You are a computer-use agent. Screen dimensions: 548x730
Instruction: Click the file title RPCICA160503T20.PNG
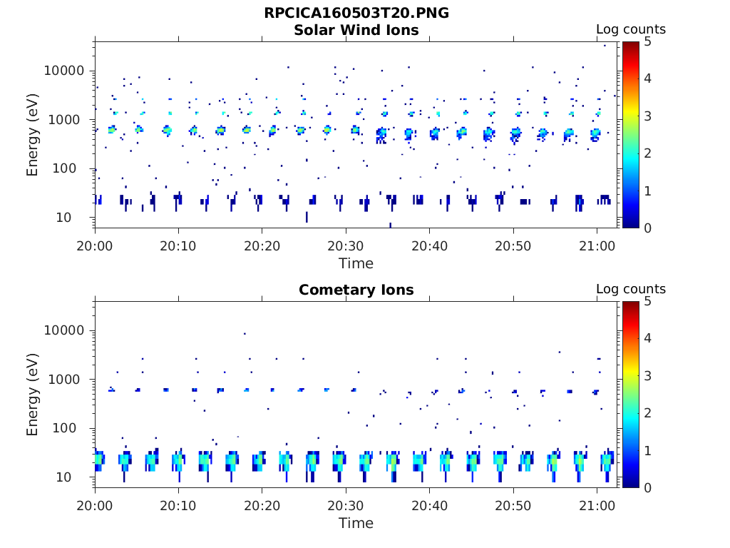356,13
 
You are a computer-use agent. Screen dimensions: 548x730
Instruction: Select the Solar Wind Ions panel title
356,30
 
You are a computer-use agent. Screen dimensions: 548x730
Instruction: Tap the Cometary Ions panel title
356,290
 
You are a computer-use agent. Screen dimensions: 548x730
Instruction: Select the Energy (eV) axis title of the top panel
33,135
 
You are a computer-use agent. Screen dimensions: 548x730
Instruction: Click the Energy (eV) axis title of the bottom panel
33,395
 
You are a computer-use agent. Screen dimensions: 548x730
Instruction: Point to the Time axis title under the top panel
356,263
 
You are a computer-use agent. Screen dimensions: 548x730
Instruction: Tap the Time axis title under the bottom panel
356,523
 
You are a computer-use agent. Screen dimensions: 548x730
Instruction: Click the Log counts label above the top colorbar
631,29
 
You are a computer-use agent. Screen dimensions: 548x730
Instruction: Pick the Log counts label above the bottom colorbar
631,289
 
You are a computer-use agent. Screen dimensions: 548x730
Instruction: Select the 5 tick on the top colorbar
647,41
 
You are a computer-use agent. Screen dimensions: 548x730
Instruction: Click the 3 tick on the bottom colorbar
647,375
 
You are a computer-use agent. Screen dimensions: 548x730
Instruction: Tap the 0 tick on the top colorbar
647,228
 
